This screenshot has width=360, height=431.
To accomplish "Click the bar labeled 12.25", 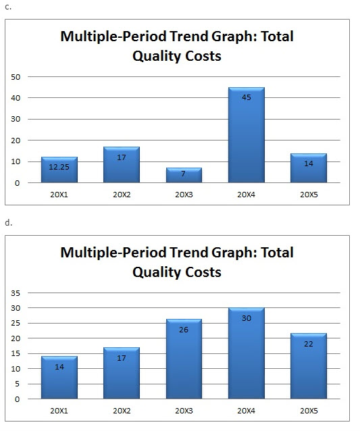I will (59, 170).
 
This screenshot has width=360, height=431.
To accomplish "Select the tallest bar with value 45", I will (246, 135).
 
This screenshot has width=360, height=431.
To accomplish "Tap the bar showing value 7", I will (184, 175).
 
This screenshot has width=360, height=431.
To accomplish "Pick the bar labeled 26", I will (184, 359).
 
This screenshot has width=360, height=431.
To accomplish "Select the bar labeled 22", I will (308, 365).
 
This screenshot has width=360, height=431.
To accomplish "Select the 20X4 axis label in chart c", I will (246, 194).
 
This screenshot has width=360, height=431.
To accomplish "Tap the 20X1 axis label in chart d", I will (59, 410).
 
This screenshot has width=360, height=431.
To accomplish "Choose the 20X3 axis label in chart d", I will (184, 410).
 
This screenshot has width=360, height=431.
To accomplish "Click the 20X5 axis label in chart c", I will (308, 194).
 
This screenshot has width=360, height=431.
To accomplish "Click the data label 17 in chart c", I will (122, 157).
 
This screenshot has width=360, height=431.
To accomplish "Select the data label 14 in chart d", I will (59, 366).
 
